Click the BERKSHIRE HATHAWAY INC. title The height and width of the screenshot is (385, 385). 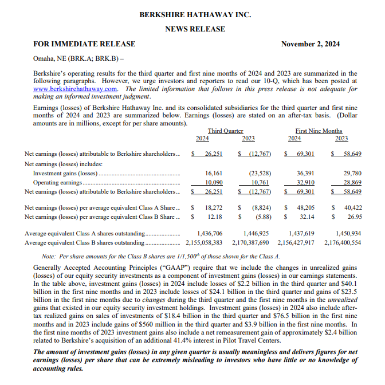tap(195, 14)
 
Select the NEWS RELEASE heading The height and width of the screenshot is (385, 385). tap(195, 29)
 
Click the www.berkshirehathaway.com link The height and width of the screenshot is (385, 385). tap(76, 89)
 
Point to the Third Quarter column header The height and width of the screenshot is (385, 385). tap(225, 131)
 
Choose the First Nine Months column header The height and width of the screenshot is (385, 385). tap(319, 131)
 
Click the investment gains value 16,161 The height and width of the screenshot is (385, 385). tap(213, 173)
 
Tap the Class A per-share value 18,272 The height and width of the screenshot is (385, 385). tap(213, 207)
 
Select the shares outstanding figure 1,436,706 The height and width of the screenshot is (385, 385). tap(209, 234)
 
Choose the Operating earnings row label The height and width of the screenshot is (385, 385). tap(57, 182)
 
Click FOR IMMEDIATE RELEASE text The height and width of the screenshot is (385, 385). tap(84, 44)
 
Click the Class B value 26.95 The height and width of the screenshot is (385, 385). tap(355, 217)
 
